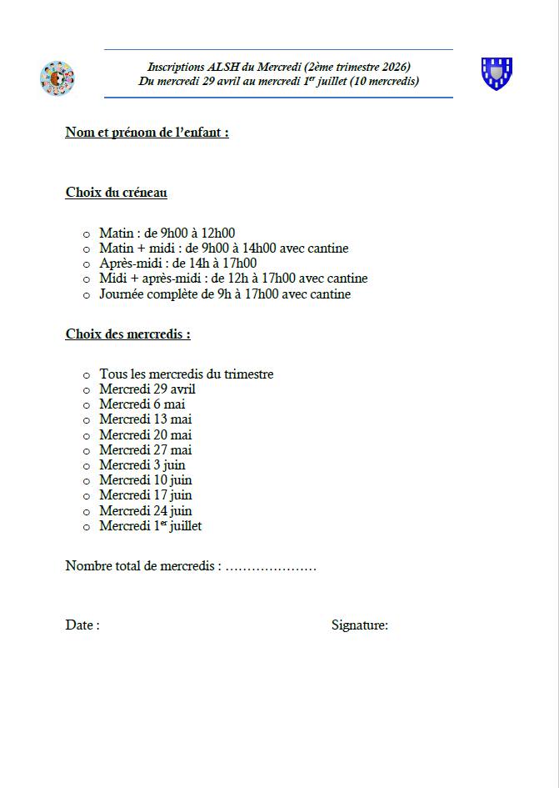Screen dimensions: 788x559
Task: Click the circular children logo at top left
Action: pyautogui.click(x=57, y=78)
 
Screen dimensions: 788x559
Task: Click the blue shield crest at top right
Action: pyautogui.click(x=497, y=73)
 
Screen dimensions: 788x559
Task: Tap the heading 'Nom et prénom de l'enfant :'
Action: pyautogui.click(x=147, y=132)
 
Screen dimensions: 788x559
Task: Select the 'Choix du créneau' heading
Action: pyautogui.click(x=117, y=193)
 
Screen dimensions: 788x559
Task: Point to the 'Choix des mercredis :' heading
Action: pyautogui.click(x=127, y=334)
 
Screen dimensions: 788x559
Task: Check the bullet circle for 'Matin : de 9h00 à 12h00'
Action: pyautogui.click(x=86, y=233)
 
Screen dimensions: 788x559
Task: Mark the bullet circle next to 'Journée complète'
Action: pyautogui.click(x=86, y=295)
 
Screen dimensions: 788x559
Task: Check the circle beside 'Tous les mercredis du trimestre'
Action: pyautogui.click(x=86, y=375)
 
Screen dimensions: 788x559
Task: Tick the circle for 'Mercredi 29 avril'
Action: pyautogui.click(x=86, y=390)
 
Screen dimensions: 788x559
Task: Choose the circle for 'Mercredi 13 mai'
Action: pyautogui.click(x=86, y=420)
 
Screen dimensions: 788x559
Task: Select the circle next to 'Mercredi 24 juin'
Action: pyautogui.click(x=86, y=512)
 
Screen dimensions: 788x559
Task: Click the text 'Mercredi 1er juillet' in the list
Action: pyautogui.click(x=150, y=526)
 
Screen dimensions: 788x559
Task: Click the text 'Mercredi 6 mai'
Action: pyautogui.click(x=142, y=404)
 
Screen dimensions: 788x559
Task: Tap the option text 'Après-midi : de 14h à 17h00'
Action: pyautogui.click(x=177, y=264)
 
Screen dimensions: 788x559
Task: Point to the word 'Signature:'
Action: pyautogui.click(x=359, y=625)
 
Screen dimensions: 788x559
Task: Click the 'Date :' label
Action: pyautogui.click(x=82, y=625)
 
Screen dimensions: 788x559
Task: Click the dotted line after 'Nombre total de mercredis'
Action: pyautogui.click(x=271, y=567)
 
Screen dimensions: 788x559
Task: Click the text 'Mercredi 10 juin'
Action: pyautogui.click(x=145, y=480)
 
